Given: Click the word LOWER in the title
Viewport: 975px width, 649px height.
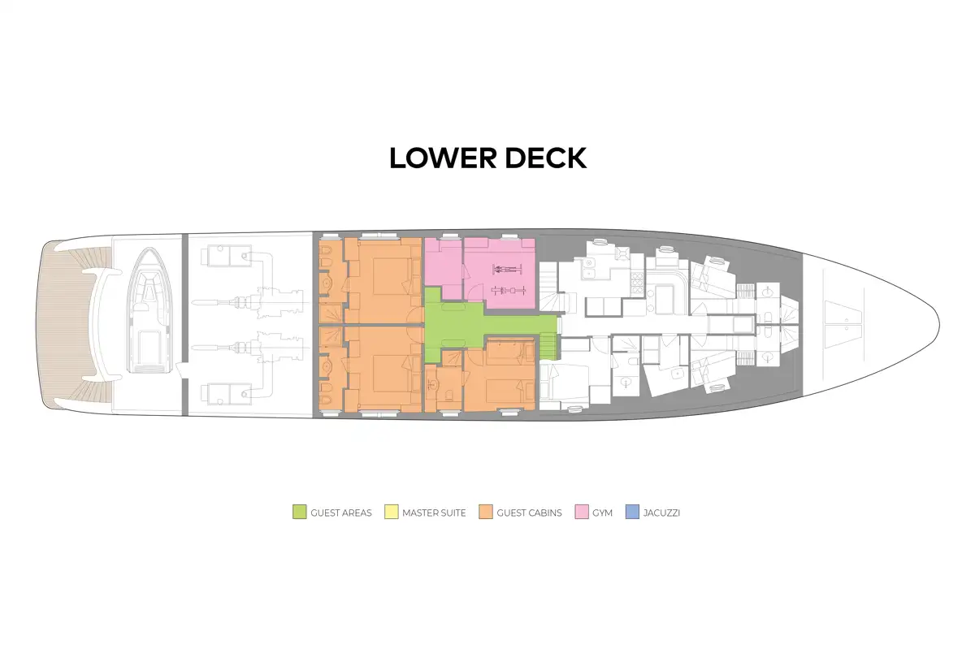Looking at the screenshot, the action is pos(443,158).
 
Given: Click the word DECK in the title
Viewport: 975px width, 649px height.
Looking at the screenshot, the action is pos(546,158).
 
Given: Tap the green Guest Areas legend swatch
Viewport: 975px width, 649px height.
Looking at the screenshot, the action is pos(300,512).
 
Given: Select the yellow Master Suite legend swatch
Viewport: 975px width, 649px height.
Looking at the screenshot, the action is pos(392,512).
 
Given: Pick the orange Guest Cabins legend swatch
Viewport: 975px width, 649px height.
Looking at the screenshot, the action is pos(486,512).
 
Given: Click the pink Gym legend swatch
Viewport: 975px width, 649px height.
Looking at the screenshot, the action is pos(582,512).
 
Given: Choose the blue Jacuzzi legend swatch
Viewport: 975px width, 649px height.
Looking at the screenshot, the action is pos(632,512).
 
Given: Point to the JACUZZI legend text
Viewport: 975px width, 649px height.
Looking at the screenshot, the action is pos(661,513).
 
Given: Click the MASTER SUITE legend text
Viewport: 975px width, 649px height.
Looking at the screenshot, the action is pos(434,513).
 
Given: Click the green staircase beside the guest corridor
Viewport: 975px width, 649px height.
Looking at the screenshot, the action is pos(548,347).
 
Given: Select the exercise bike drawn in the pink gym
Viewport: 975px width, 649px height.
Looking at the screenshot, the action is pos(507,270).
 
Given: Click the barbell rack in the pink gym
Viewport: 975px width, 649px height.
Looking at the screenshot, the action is pos(508,290).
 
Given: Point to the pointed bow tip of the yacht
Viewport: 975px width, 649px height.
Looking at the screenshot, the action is pos(939,324).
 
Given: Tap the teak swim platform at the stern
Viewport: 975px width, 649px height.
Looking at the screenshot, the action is pos(57,324).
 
